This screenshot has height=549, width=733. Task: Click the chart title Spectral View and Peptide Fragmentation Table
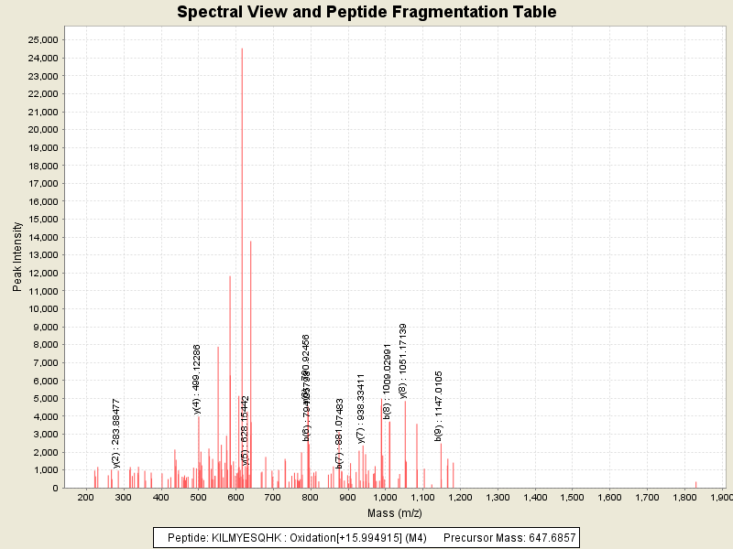pos(366,12)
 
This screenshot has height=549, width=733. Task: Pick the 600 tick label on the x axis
pos(235,497)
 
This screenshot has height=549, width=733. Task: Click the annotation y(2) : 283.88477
pos(116,433)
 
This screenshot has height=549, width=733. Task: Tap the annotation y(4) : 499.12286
pos(197,379)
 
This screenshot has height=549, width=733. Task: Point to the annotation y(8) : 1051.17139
pos(403,361)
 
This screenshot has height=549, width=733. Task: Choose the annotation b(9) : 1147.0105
pos(440,405)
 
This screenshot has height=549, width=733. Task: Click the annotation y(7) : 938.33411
pos(361,408)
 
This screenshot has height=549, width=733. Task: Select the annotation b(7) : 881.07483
pos(340,433)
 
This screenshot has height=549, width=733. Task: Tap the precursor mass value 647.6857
pos(546,537)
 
